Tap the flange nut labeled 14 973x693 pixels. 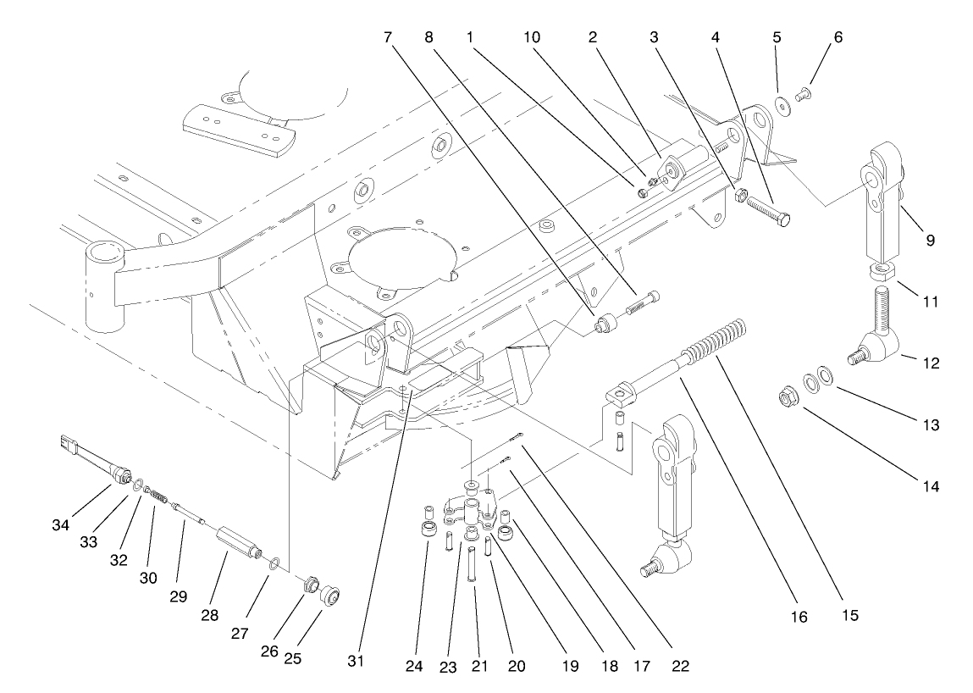787,396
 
